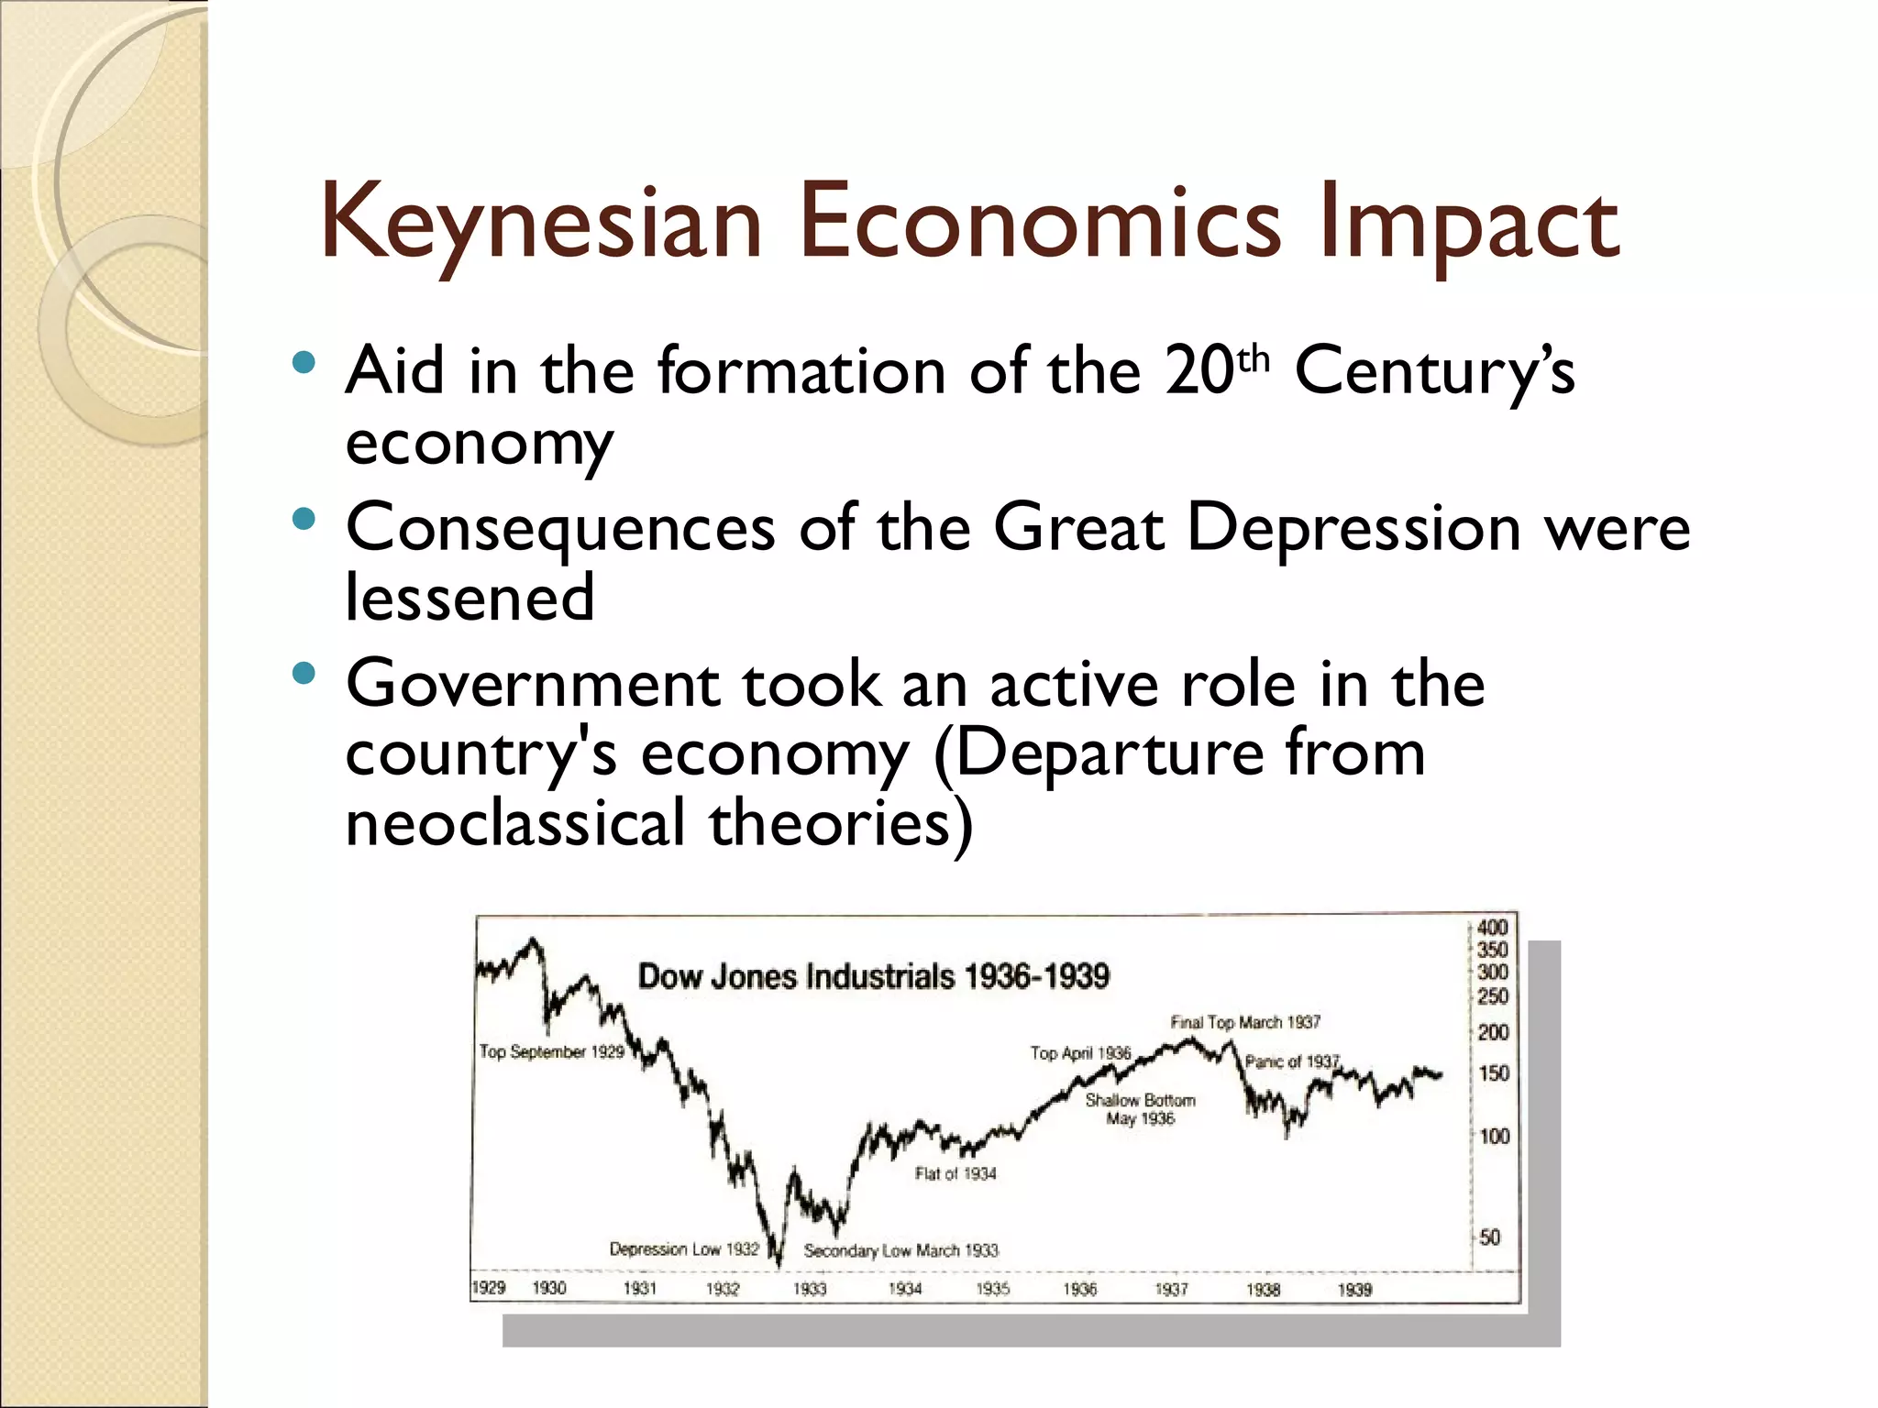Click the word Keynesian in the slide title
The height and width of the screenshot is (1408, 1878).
pos(541,223)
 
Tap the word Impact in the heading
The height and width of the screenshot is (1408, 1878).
pos(1468,223)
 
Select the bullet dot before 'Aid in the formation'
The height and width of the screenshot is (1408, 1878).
pos(304,363)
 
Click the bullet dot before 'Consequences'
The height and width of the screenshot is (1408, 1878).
pos(304,521)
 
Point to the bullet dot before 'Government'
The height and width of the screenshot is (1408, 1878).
pos(304,676)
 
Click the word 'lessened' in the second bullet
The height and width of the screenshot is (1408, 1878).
pos(469,599)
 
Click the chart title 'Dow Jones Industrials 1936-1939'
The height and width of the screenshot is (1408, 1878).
pos(873,976)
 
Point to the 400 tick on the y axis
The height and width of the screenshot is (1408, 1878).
pos(1492,928)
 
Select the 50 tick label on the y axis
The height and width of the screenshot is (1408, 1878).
pos(1490,1237)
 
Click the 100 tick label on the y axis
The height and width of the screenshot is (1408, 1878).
pos(1494,1137)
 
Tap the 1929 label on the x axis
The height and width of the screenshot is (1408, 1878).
pos(488,1288)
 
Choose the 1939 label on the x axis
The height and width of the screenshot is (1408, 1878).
pos(1354,1290)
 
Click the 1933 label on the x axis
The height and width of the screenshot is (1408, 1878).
pos(810,1289)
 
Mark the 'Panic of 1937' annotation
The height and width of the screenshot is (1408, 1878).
pos(1292,1061)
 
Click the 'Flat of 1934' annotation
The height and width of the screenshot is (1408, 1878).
pos(956,1173)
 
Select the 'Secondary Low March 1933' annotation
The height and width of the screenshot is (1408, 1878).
pos(900,1250)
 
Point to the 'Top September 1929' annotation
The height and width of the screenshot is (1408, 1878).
pos(551,1051)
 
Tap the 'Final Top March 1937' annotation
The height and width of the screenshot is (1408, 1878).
pos(1245,1022)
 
